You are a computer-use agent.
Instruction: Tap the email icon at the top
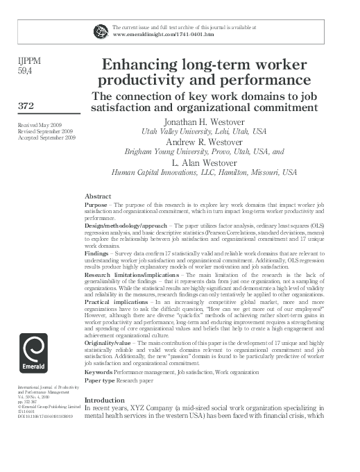pyautogui.click(x=101, y=29)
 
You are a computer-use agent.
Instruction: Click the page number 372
pyautogui.click(x=27, y=106)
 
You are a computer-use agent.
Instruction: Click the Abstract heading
pyautogui.click(x=97, y=196)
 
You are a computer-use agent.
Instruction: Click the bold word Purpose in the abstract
pyautogui.click(x=96, y=205)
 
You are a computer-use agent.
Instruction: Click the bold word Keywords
pyautogui.click(x=98, y=372)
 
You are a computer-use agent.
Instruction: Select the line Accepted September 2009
pyautogui.click(x=46, y=137)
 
